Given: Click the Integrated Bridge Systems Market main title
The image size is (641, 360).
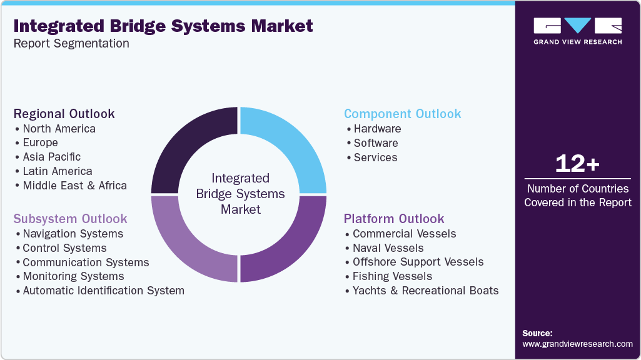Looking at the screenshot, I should click(x=163, y=26).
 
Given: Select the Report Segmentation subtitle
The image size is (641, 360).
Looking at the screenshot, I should click(x=71, y=44).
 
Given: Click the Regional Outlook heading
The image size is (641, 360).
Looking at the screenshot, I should click(x=64, y=114).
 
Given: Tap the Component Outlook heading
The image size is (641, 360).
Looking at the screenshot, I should click(x=403, y=114).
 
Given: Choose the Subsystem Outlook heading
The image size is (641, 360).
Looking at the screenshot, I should click(x=71, y=219).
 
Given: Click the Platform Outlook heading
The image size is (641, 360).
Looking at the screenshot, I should click(x=394, y=219).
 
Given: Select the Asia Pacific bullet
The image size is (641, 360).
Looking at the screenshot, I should click(x=51, y=157).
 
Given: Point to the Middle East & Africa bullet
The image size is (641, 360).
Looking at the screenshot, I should click(x=74, y=186).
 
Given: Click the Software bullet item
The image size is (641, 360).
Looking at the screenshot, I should click(x=375, y=143).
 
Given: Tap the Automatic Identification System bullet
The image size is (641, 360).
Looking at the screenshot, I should click(x=103, y=291).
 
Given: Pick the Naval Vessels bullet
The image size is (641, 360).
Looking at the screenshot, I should click(x=388, y=248).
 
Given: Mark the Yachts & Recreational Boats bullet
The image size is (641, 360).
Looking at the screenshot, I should click(x=425, y=291).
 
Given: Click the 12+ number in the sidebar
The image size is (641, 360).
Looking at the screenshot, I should click(x=577, y=164).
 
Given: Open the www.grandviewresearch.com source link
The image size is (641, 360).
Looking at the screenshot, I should click(x=577, y=344).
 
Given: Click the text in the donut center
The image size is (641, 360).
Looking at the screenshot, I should click(x=240, y=194).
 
